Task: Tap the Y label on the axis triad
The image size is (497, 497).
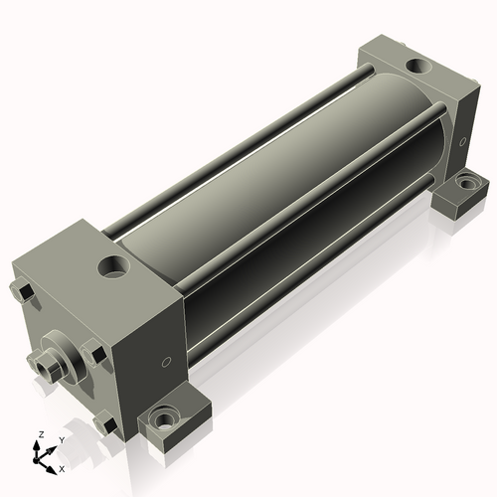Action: (61, 439)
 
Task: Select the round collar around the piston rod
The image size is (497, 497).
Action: (60, 360)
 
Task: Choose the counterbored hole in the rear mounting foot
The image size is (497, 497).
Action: (465, 185)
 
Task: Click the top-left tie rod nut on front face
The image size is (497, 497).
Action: (23, 292)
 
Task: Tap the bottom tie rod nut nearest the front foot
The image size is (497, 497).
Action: (103, 424)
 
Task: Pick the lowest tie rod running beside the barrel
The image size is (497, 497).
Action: (308, 273)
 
